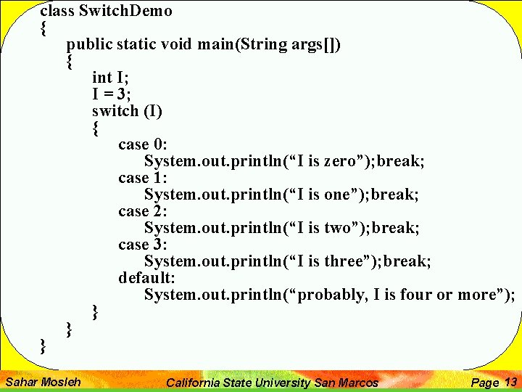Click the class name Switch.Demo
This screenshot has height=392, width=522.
125,11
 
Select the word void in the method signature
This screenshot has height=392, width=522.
176,44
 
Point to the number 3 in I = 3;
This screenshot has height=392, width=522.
126,94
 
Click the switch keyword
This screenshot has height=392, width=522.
115,111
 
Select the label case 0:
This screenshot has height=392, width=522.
143,144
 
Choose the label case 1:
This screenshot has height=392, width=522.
143,178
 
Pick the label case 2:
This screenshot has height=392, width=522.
143,211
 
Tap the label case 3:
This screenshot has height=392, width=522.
143,245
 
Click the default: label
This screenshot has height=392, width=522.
147,278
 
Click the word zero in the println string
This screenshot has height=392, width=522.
341,161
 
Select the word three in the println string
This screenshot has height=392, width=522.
345,261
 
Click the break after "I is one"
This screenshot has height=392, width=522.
394,195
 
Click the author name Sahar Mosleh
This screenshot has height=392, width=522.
43,381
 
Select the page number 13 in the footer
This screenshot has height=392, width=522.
510,382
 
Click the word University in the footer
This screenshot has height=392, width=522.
283,383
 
